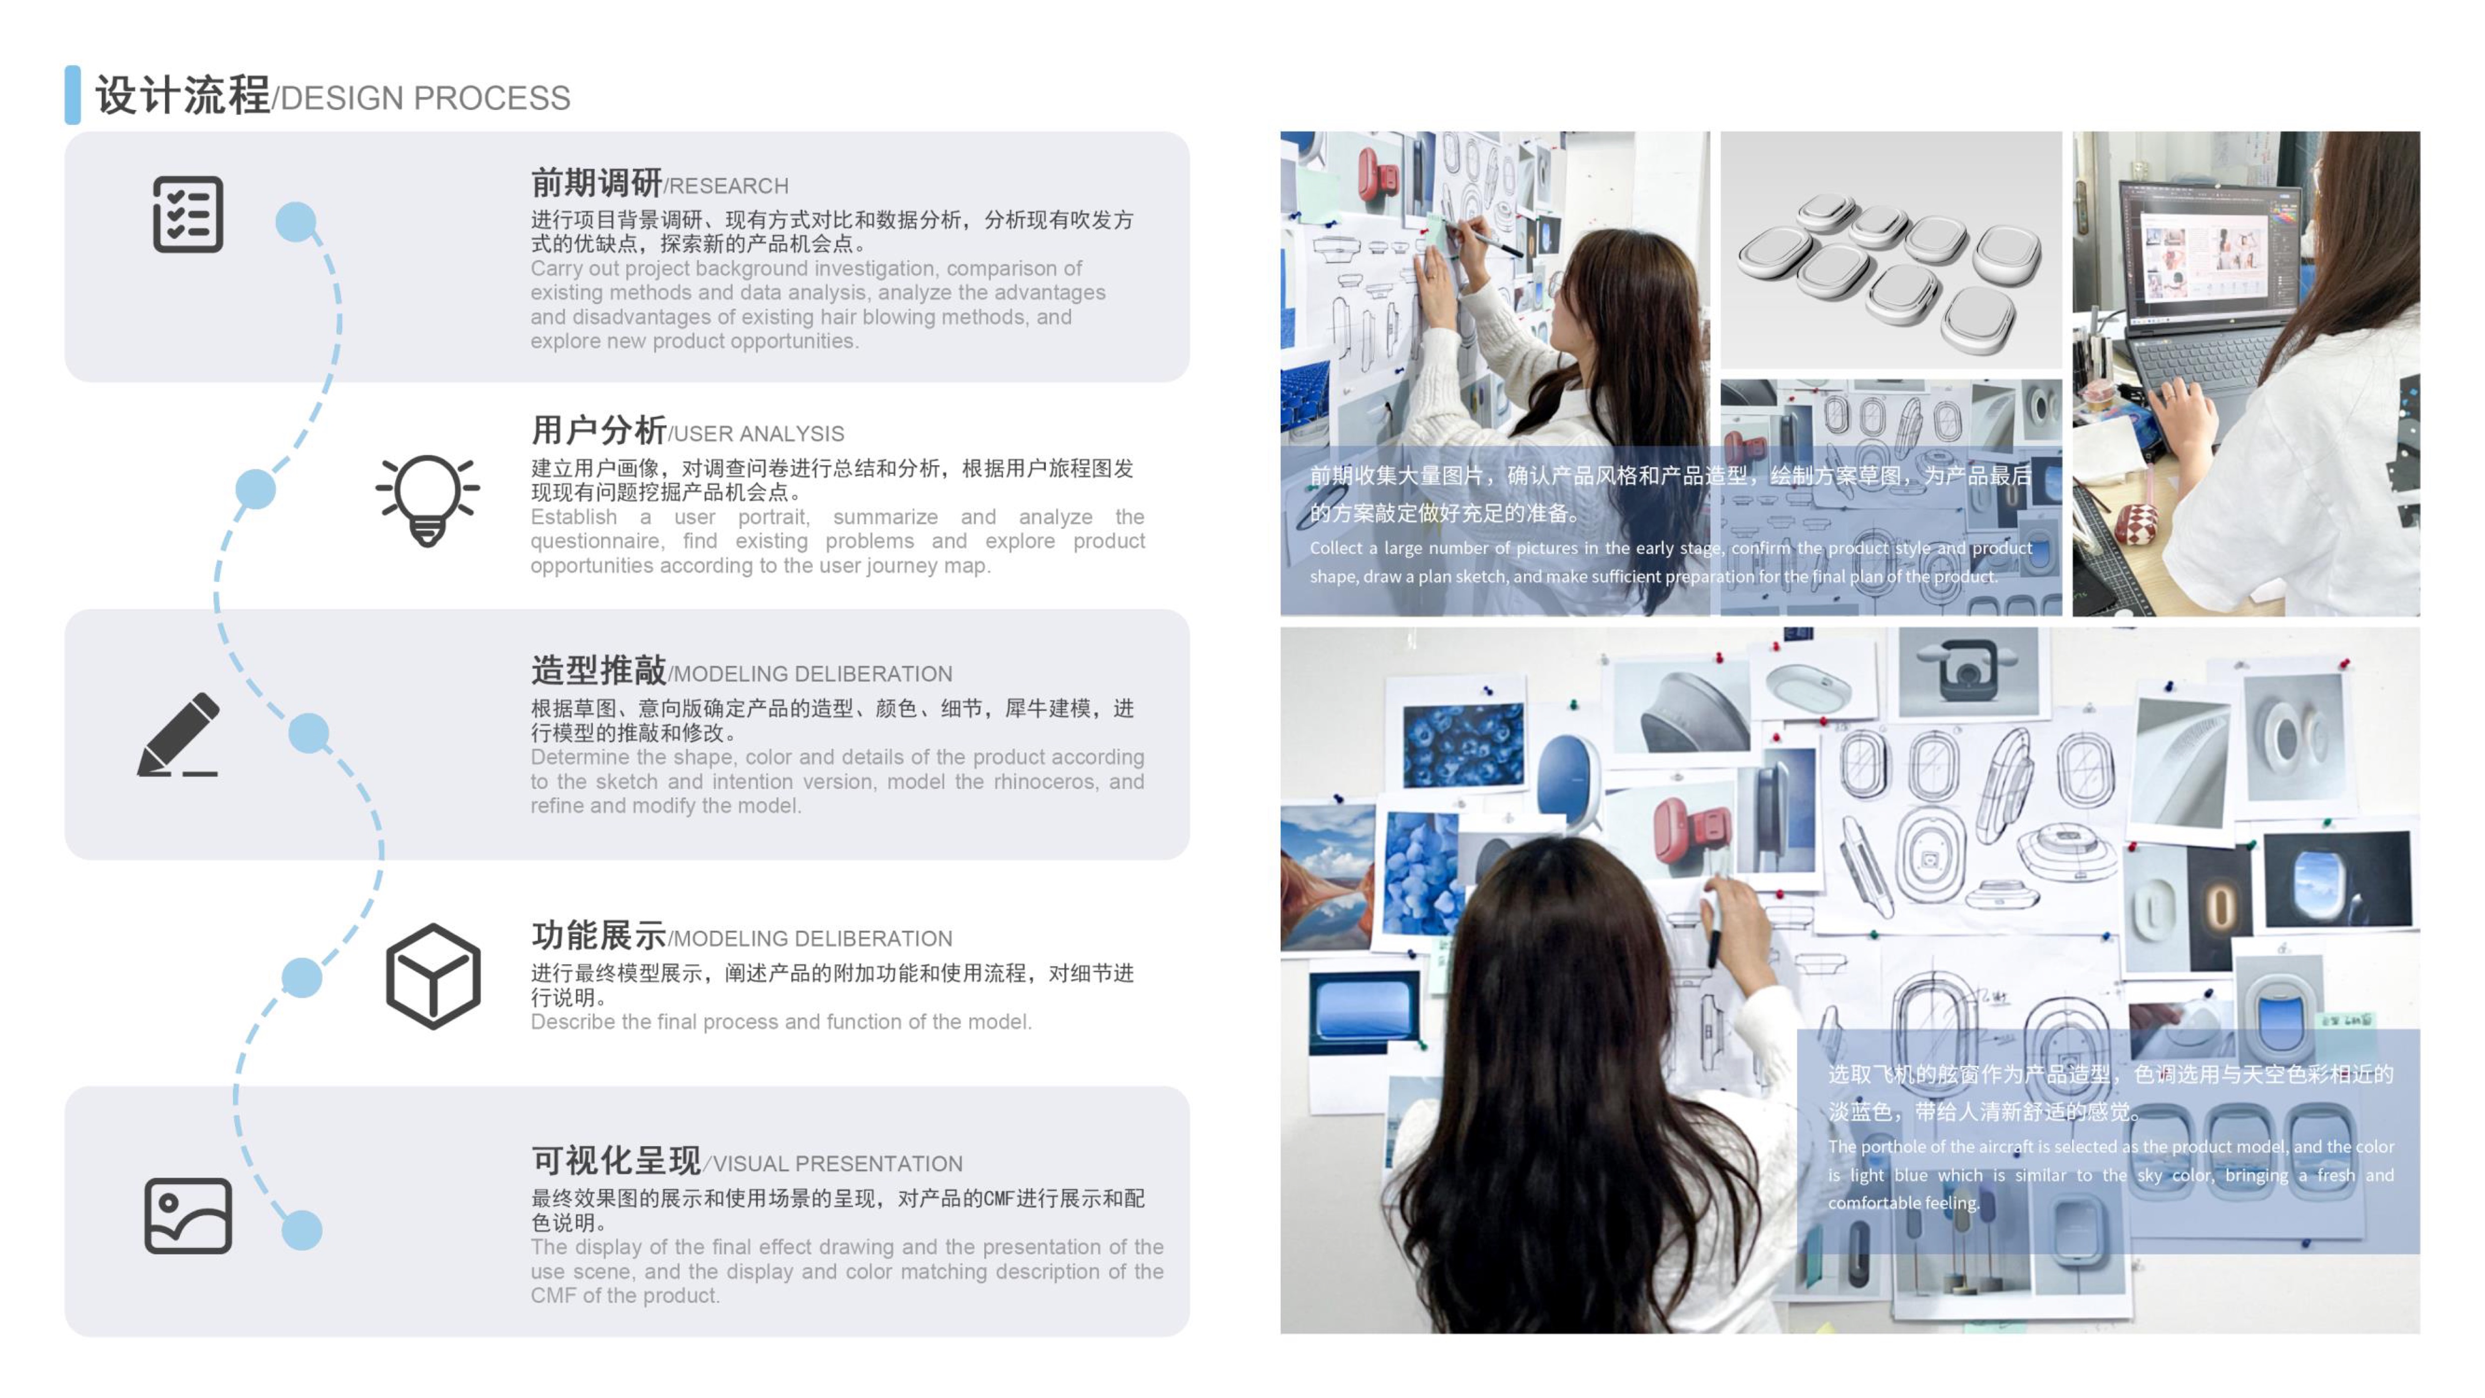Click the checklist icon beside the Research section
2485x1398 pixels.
[x=188, y=214]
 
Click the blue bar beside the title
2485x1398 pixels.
[x=73, y=94]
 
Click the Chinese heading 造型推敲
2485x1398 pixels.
[x=598, y=670]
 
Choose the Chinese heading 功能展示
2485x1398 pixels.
[x=598, y=935]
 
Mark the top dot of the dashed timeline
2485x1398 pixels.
[x=296, y=222]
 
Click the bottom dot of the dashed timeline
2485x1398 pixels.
[x=302, y=1230]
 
